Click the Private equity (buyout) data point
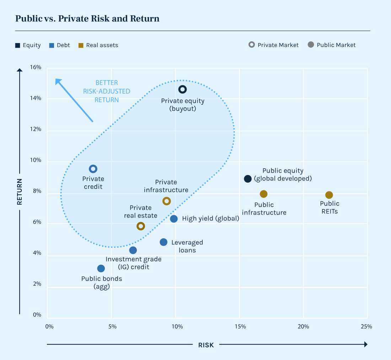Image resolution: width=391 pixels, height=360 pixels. click(182, 89)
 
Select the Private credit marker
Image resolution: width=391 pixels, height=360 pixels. click(93, 169)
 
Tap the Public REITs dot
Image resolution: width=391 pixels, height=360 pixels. click(329, 195)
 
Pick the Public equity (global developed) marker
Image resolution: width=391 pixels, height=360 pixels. click(248, 179)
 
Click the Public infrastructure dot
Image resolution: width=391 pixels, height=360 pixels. click(263, 194)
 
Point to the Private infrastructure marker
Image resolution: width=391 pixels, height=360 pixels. click(166, 201)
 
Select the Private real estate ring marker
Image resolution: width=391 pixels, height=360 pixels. click(141, 226)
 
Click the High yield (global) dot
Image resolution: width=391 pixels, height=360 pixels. click(174, 219)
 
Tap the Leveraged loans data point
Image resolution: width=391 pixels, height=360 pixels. click(164, 242)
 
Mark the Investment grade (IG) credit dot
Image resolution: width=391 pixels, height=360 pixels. click(133, 250)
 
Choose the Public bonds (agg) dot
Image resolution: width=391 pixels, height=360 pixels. click(101, 268)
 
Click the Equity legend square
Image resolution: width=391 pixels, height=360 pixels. click(17, 45)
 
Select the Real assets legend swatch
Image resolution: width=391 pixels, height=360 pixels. click(81, 45)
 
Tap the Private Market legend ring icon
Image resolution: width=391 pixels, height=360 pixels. click(252, 45)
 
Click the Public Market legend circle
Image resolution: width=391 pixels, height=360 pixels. click(311, 45)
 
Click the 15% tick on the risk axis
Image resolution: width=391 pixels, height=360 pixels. click(240, 327)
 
